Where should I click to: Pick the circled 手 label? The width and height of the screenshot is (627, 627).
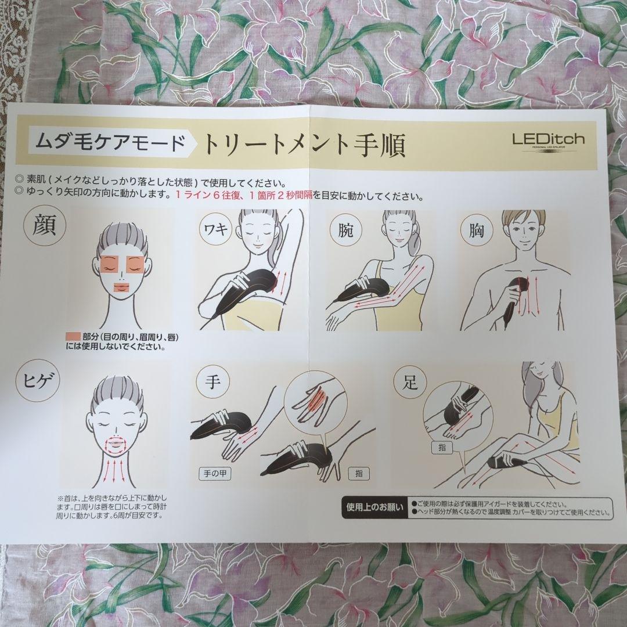click(x=212, y=384)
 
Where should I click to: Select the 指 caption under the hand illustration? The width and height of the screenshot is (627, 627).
click(x=358, y=473)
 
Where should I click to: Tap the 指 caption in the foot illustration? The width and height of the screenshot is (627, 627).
click(x=442, y=448)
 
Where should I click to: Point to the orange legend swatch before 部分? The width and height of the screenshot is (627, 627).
click(x=73, y=337)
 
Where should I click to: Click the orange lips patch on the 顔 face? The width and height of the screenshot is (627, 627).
click(x=121, y=288)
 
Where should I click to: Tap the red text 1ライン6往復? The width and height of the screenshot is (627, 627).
click(x=208, y=196)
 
